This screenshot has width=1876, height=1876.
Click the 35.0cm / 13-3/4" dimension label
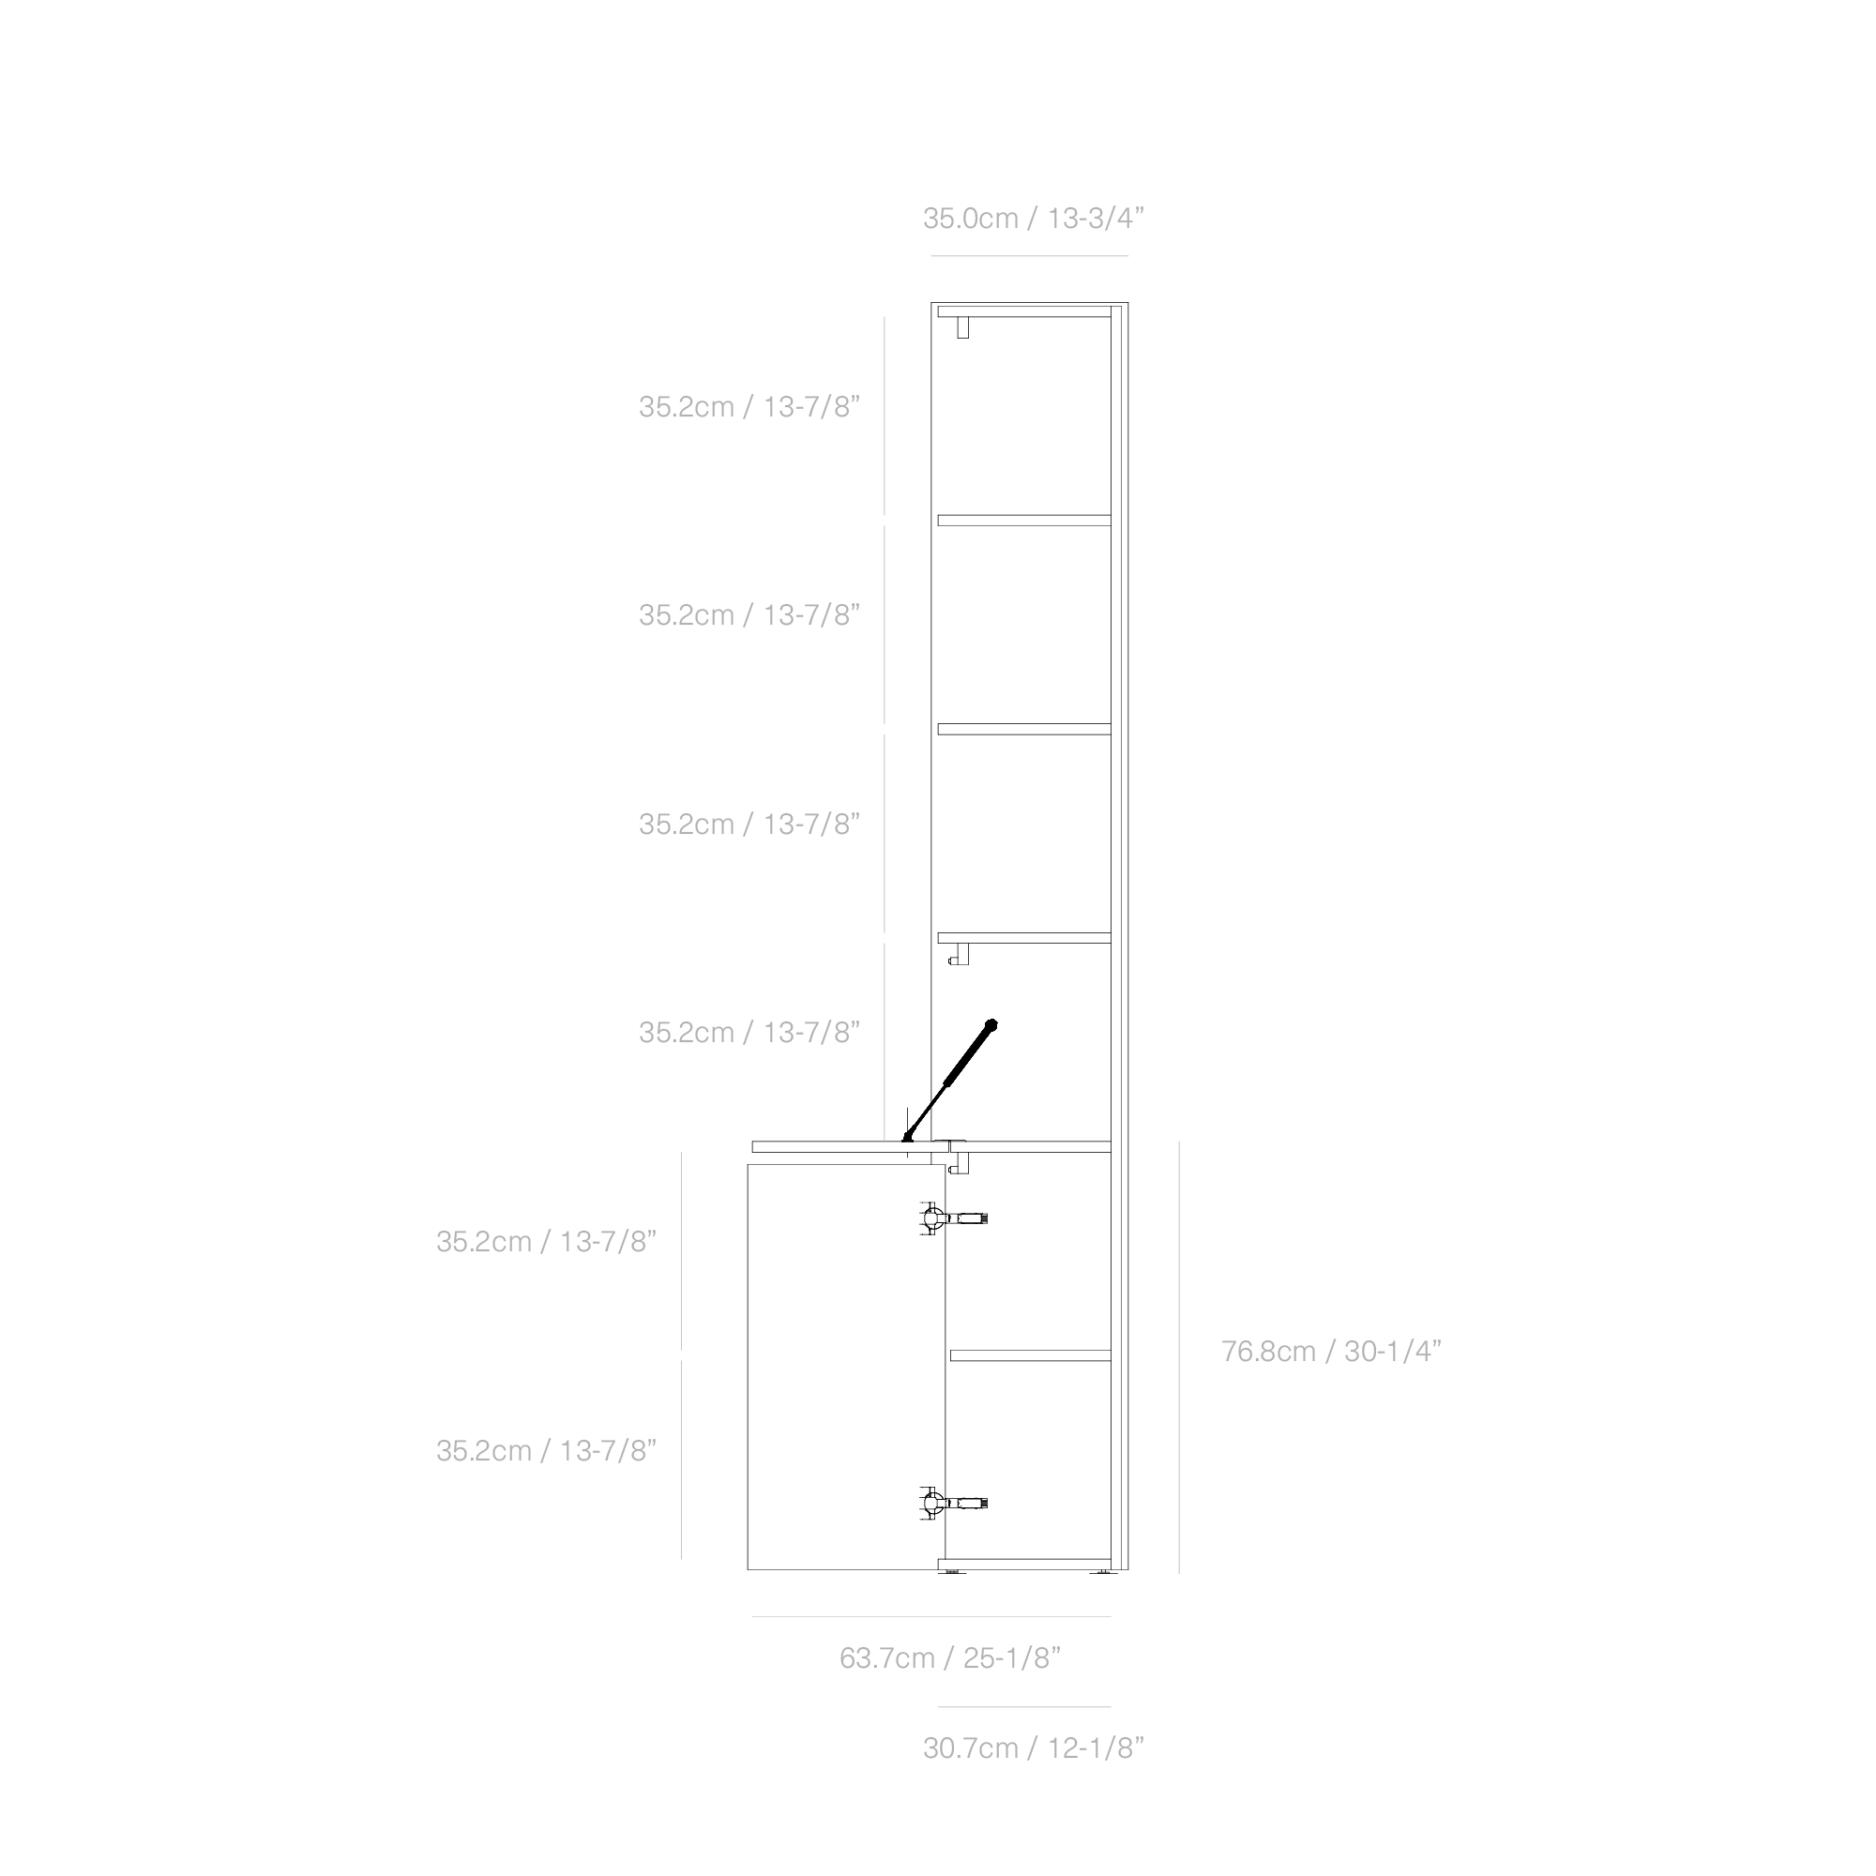(x=1033, y=219)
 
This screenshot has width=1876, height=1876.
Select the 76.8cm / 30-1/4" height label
(x=1330, y=1352)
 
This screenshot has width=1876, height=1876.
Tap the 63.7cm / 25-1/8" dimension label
(x=949, y=1657)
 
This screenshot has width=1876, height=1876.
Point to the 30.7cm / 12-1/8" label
(x=1033, y=1747)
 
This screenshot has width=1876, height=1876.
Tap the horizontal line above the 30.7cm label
(x=1023, y=1707)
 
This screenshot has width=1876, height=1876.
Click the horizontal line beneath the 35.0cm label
(x=1029, y=256)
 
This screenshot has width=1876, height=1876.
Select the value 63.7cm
(x=886, y=1657)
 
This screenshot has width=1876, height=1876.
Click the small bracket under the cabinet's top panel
(x=962, y=328)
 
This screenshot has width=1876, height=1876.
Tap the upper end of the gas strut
(x=991, y=1023)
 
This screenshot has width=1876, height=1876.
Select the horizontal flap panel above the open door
(x=850, y=1147)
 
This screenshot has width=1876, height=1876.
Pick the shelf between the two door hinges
(x=1029, y=1355)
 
